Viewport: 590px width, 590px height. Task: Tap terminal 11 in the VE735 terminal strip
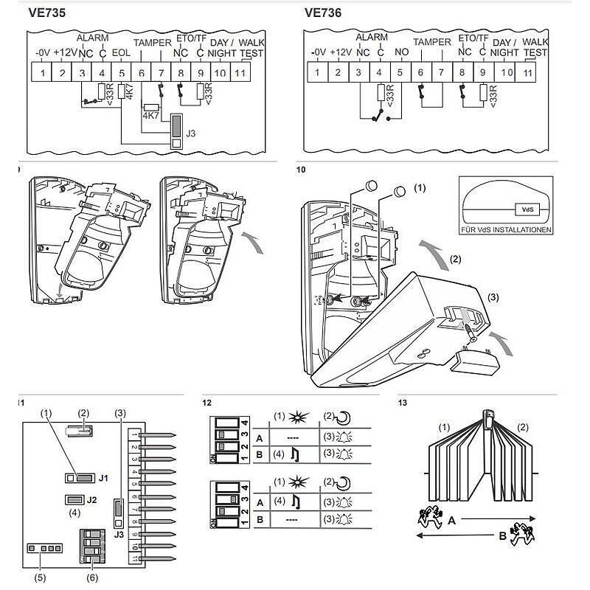[239, 72]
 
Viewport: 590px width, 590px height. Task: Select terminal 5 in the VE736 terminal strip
[400, 72]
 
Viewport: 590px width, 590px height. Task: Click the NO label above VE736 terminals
[402, 52]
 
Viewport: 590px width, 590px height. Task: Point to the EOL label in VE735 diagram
[121, 52]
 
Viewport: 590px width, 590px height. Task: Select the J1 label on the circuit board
[104, 478]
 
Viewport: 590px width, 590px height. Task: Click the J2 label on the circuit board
[92, 500]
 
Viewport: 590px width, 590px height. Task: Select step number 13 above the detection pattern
[402, 403]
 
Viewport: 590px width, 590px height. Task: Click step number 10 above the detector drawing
[301, 170]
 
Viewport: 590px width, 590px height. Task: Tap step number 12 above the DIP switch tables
[207, 403]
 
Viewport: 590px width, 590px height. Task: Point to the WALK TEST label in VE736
[535, 47]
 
